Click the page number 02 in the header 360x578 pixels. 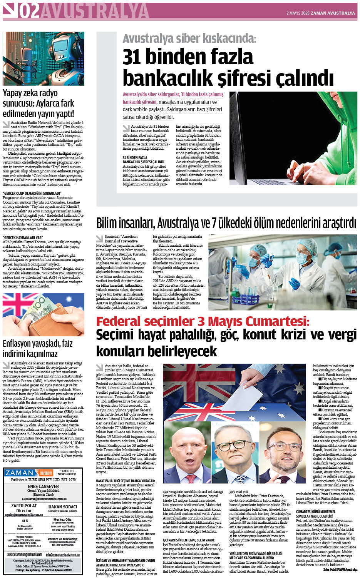(x=29, y=12)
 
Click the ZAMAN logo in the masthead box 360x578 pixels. (x=19, y=473)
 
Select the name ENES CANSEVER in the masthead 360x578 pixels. (x=43, y=486)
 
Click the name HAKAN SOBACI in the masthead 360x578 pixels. (x=63, y=507)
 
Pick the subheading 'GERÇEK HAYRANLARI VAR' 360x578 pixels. (x=23, y=237)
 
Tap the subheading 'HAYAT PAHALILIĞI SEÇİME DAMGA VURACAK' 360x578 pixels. (x=126, y=481)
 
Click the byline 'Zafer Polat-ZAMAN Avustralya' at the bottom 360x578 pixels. (x=340, y=570)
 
